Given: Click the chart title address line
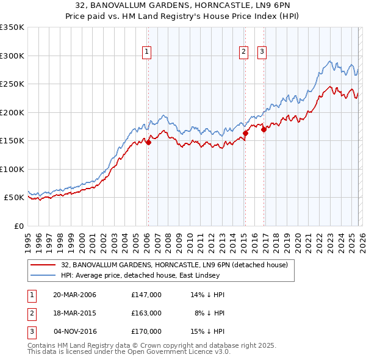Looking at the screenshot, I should click(x=182, y=6).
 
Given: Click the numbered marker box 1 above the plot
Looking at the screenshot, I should click(x=147, y=52).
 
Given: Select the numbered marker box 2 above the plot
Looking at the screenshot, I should click(x=243, y=52).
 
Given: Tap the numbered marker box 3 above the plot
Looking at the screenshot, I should click(x=262, y=52).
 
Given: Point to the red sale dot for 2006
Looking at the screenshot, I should click(x=148, y=143).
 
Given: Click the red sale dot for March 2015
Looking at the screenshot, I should click(x=245, y=133).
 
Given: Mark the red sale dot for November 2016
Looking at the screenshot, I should click(x=264, y=129).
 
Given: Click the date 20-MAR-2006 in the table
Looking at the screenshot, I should click(x=74, y=294).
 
